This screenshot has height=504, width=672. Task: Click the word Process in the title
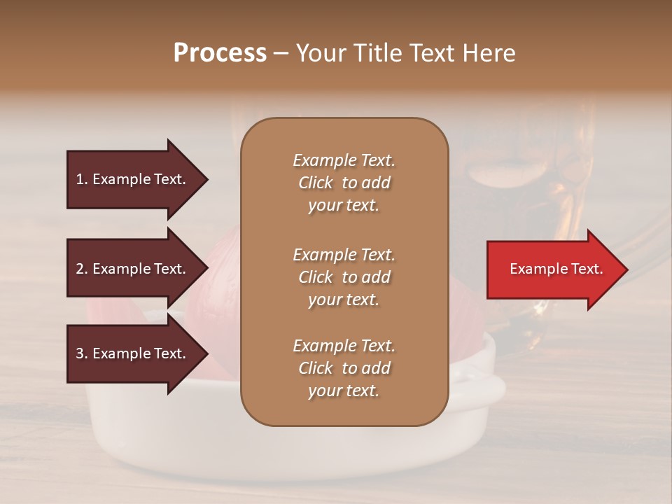[220, 53]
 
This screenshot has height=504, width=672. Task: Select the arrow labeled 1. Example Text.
[133, 179]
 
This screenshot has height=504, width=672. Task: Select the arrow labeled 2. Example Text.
[133, 269]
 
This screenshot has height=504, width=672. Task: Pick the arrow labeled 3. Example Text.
[133, 353]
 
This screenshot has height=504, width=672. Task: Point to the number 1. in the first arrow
[82, 179]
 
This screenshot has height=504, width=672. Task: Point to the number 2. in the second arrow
[82, 269]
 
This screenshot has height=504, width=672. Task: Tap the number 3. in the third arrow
[82, 353]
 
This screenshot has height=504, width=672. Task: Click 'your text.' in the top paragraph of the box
[344, 206]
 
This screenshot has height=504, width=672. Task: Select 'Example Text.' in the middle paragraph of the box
[344, 254]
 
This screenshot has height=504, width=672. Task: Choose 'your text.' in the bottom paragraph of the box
[344, 391]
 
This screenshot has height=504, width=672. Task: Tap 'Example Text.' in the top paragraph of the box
[344, 160]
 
